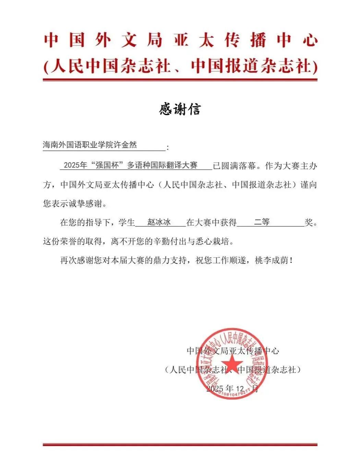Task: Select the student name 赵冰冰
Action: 159,222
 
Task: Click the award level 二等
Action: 262,222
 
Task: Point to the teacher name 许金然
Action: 125,145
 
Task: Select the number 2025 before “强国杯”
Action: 71,165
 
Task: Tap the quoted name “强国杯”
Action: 107,165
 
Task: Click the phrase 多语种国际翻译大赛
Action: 163,165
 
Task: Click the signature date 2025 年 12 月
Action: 232,388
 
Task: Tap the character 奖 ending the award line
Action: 309,223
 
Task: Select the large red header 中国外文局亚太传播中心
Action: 180,40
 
